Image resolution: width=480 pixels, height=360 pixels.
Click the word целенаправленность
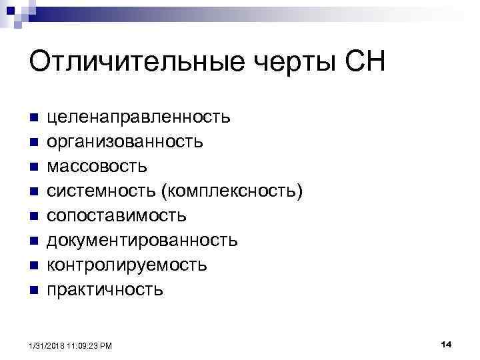pyautogui.click(x=139, y=118)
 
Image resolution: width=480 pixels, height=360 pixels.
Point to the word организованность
pyautogui.click(x=125, y=142)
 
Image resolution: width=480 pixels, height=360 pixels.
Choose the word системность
pyautogui.click(x=100, y=191)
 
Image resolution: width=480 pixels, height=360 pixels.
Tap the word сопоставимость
pyautogui.click(x=117, y=216)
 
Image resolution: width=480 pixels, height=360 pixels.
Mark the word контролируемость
pyautogui.click(x=127, y=265)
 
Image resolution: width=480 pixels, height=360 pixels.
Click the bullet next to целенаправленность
pyautogui.click(x=33, y=118)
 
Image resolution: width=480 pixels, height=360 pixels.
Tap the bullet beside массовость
pyautogui.click(x=33, y=167)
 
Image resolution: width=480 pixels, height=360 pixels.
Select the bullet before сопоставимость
pyautogui.click(x=33, y=216)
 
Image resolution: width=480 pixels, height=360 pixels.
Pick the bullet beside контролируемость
pyautogui.click(x=33, y=265)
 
